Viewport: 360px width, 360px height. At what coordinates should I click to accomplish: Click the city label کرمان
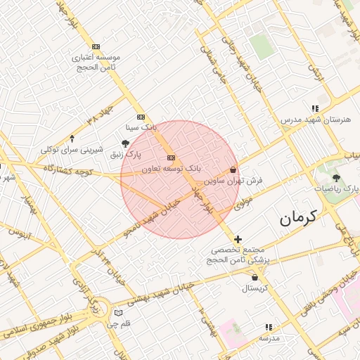click(298, 217)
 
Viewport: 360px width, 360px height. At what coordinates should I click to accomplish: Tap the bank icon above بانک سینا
click(141, 117)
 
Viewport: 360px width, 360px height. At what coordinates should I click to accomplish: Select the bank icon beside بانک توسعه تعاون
click(172, 157)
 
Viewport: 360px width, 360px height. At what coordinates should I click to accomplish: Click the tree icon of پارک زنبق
click(125, 143)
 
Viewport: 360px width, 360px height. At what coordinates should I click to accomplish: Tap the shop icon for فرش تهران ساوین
click(233, 169)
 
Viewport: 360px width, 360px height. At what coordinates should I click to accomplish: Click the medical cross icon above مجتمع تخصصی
click(238, 240)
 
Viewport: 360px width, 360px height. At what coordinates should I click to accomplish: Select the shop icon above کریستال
click(254, 278)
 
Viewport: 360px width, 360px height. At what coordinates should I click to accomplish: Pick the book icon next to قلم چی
click(118, 312)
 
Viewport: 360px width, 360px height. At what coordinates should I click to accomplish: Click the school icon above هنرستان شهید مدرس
click(314, 108)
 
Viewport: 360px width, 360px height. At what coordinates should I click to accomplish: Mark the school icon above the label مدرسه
click(268, 327)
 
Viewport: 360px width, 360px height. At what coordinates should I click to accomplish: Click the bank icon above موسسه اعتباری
click(96, 46)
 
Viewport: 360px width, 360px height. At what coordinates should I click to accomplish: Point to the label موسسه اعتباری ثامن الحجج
click(96, 61)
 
